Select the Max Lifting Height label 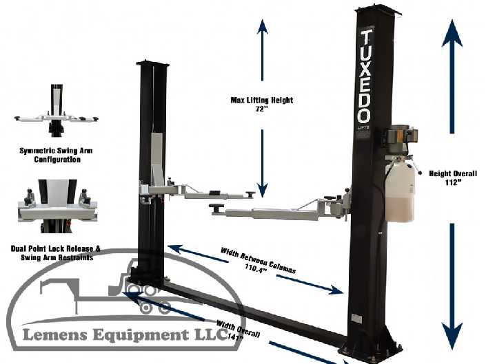pos(261,100)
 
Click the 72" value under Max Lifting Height pos(261,109)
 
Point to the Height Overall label pos(453,173)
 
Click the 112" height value pos(453,183)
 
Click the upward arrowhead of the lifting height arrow pos(262,27)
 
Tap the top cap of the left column pos(152,63)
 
